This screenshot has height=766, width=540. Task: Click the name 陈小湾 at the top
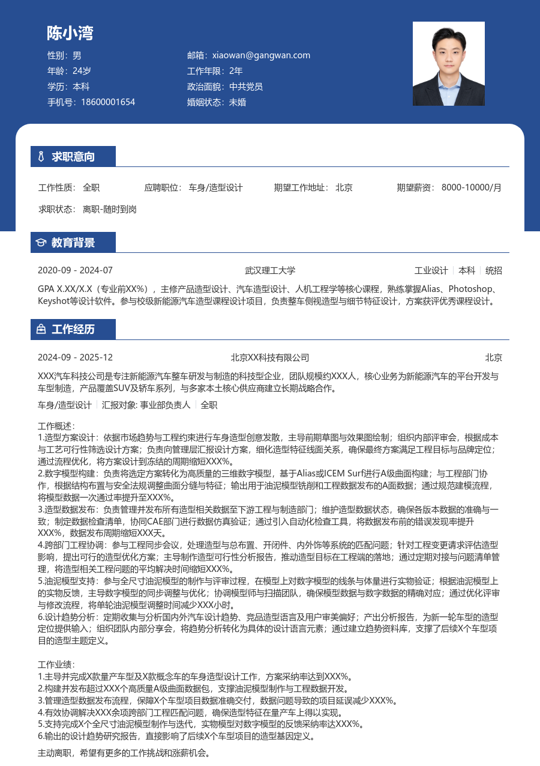(70, 33)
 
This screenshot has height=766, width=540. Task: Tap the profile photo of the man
(448, 64)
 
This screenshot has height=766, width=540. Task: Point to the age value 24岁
(82, 71)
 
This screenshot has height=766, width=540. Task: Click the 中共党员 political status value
(246, 87)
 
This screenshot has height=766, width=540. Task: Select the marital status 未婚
(238, 102)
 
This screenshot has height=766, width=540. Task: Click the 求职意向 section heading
(73, 157)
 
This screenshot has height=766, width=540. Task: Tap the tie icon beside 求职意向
(41, 157)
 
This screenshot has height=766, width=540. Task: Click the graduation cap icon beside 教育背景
(41, 243)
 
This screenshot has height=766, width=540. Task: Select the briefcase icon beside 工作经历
(41, 329)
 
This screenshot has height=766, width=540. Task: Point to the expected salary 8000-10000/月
(471, 187)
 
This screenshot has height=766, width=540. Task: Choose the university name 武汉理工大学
(270, 270)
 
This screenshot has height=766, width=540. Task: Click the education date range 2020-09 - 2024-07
(75, 270)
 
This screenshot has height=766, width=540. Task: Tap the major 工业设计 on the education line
(431, 270)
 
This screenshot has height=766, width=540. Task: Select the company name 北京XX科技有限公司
(270, 357)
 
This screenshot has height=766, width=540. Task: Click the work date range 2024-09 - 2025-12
(75, 357)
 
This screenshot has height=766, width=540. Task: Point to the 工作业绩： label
(56, 664)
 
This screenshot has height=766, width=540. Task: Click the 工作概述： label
(56, 426)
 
